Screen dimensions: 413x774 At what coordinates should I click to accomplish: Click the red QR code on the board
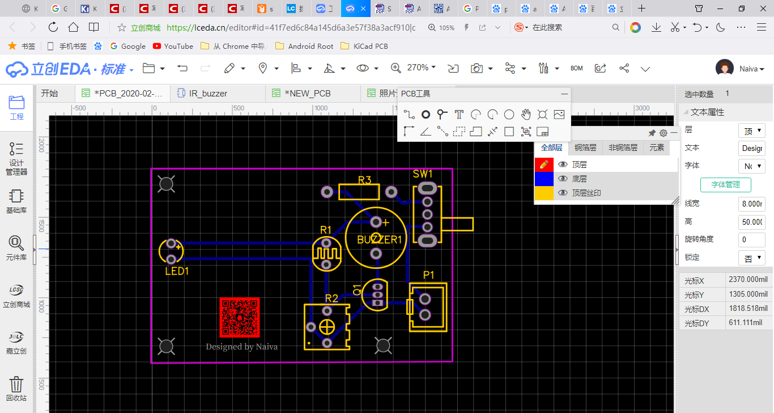(x=239, y=317)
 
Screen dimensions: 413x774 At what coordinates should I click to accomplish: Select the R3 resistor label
(x=364, y=180)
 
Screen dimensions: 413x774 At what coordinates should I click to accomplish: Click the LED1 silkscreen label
(x=177, y=271)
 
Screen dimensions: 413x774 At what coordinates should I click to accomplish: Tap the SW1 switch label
(x=423, y=174)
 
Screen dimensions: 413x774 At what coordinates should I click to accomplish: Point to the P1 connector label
(x=428, y=275)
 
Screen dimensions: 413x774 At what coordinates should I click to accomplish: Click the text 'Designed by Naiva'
(x=241, y=347)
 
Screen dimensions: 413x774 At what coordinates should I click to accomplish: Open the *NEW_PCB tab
(x=307, y=93)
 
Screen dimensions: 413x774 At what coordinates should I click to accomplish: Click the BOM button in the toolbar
(x=576, y=68)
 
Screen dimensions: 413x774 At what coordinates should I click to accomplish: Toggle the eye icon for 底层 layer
(x=563, y=179)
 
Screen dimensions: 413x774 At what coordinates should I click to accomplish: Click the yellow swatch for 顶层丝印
(x=544, y=193)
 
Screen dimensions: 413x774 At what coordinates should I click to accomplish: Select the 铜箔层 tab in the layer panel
(x=585, y=147)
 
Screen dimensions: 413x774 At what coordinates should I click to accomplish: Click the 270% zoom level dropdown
(x=421, y=68)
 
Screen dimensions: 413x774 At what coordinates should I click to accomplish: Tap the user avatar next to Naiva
(x=725, y=68)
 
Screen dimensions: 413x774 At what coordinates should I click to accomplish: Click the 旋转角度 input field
(x=751, y=239)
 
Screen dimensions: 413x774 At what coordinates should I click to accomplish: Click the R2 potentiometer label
(x=331, y=298)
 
